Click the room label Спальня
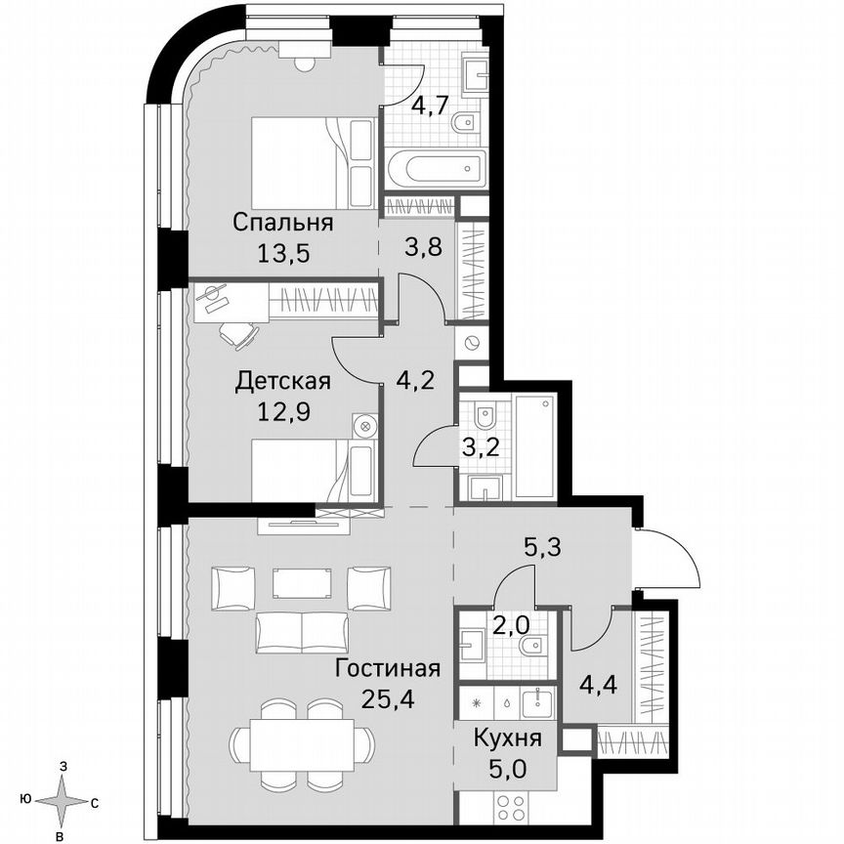[282, 223]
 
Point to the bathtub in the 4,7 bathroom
[435, 169]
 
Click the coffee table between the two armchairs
[301, 583]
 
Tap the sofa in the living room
[301, 632]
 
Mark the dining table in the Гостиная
[301, 737]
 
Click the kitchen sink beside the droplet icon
[534, 701]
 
